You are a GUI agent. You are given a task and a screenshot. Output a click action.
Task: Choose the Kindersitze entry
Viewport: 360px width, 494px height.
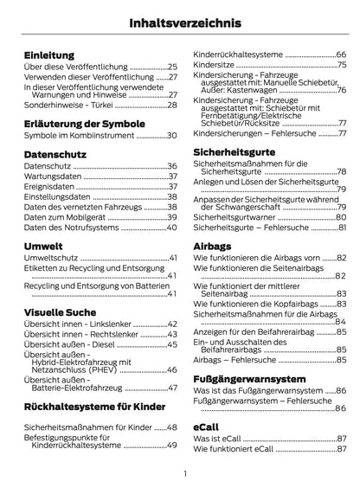(x=216, y=66)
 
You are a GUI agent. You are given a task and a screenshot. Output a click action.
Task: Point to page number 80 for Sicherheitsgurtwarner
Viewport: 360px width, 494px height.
(x=341, y=216)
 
